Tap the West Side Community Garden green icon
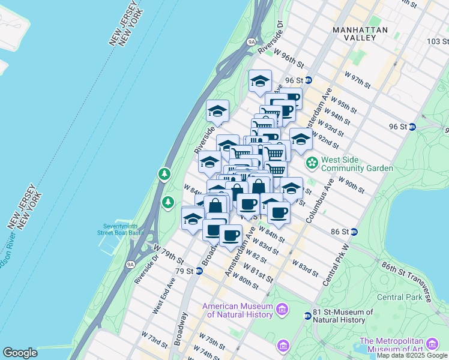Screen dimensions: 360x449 click(x=312, y=163)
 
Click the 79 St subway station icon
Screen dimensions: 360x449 click(x=199, y=271)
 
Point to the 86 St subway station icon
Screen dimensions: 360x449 click(x=354, y=232)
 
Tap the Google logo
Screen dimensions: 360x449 click(x=20, y=353)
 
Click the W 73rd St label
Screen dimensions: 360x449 click(x=154, y=339)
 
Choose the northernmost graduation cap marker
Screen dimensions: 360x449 click(x=260, y=80)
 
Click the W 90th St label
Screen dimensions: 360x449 click(x=352, y=184)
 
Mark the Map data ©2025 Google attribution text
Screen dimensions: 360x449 click(x=412, y=355)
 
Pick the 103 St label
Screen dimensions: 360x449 click(x=438, y=41)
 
